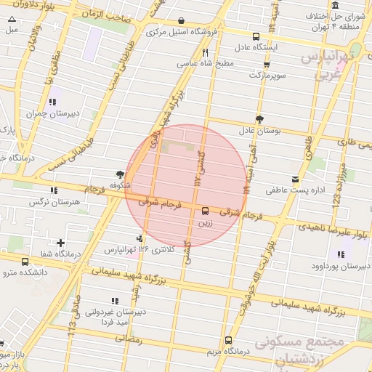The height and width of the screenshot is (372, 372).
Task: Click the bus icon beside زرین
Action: click(x=206, y=211)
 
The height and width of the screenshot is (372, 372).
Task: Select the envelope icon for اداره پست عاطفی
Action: click(x=295, y=179)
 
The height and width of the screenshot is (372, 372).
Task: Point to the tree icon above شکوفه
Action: click(x=118, y=174)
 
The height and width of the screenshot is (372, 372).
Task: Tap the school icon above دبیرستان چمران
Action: click(x=52, y=102)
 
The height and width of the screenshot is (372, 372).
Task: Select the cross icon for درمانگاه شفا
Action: click(x=60, y=243)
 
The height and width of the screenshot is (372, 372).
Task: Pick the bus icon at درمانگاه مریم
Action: click(x=229, y=340)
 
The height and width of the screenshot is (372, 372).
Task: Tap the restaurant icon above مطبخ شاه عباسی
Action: click(x=206, y=52)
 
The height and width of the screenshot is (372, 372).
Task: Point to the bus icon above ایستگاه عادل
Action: click(x=256, y=36)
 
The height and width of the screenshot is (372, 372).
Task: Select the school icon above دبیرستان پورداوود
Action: click(x=340, y=254)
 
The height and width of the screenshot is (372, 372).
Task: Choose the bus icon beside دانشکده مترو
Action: click(x=25, y=262)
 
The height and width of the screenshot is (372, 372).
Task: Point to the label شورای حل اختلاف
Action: click(x=344, y=15)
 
